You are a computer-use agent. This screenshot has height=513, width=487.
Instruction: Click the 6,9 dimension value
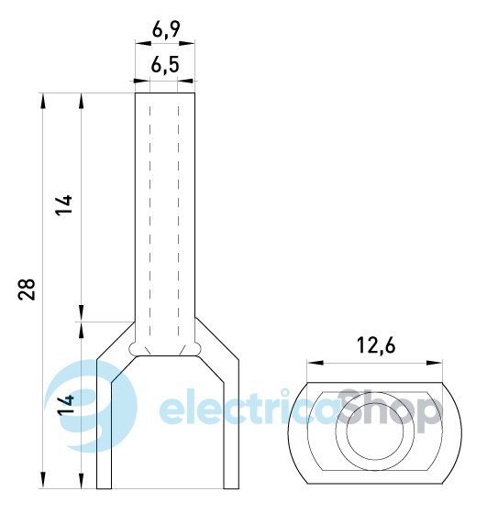pyautogui.click(x=166, y=30)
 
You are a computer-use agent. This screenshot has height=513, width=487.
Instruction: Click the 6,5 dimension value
pyautogui.click(x=165, y=65)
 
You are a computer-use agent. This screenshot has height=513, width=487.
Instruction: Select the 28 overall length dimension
pyautogui.click(x=27, y=289)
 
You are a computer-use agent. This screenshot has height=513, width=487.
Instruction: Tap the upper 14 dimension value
pyautogui.click(x=63, y=205)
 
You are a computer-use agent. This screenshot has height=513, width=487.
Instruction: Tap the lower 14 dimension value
pyautogui.click(x=66, y=405)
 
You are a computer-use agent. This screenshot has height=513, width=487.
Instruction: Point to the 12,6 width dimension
pyautogui.click(x=376, y=345)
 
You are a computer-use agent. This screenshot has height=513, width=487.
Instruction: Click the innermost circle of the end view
pyautogui.click(x=375, y=431)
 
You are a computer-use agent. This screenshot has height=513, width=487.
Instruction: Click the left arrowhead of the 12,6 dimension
pyautogui.click(x=315, y=363)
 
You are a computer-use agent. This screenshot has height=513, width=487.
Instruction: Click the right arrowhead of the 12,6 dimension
pyautogui.click(x=435, y=363)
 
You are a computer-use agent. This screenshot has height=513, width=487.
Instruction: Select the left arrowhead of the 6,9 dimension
pyautogui.click(x=143, y=43)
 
